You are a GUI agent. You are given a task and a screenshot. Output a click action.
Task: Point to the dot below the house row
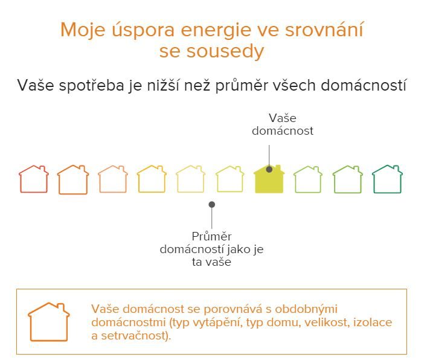[212, 204]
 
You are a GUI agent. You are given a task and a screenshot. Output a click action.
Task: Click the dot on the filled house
[269, 169]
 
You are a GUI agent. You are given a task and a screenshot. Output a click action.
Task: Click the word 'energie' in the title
[216, 30]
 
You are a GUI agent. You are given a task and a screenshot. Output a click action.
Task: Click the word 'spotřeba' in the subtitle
[91, 86]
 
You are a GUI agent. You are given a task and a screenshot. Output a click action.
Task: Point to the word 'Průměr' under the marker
[211, 236]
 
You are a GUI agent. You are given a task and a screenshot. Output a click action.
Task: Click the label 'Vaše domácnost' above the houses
[283, 124]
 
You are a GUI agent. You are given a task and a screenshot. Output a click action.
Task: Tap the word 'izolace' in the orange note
[373, 322]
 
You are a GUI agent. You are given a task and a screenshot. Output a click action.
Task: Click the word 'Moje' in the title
[83, 30]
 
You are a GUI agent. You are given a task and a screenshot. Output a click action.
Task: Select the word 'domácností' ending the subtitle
[364, 85]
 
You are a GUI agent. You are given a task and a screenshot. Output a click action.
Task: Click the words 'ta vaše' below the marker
[211, 262]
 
